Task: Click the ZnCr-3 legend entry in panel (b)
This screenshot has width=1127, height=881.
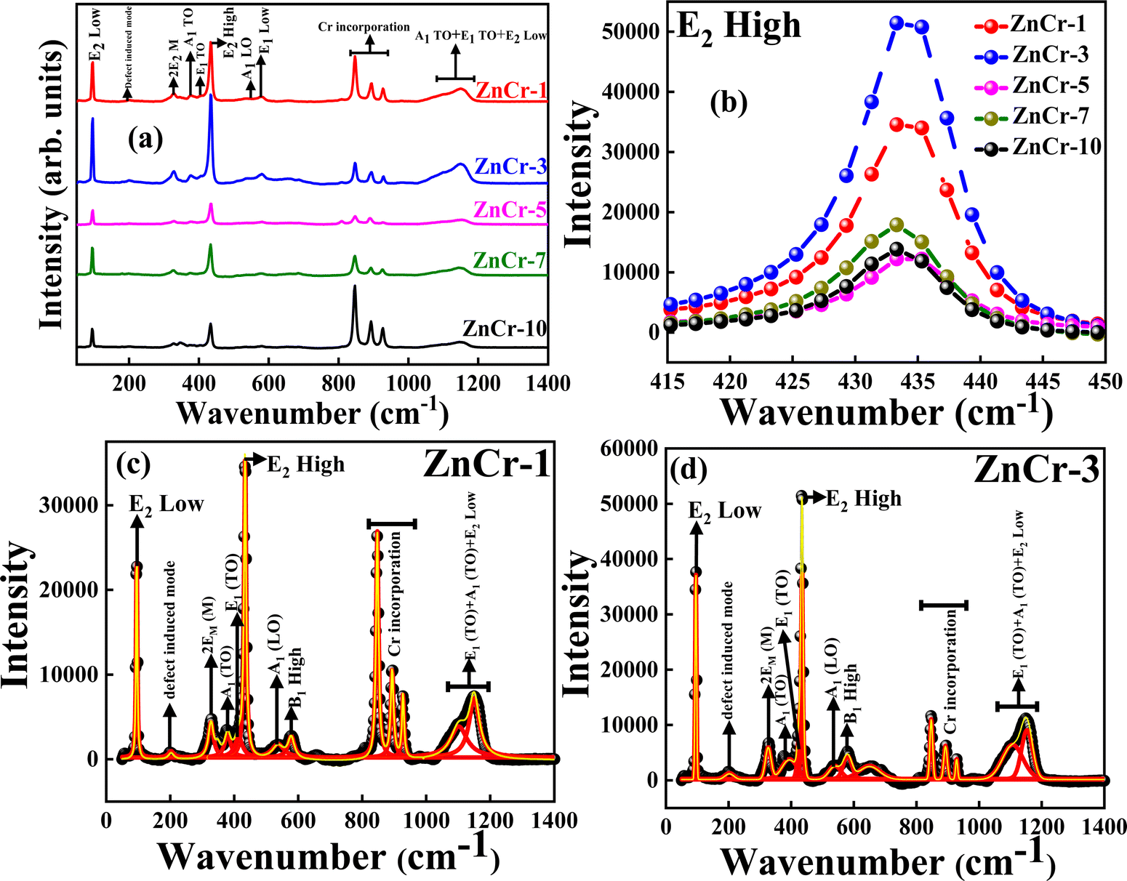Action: (x=1049, y=55)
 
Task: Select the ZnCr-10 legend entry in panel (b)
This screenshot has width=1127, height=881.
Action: (x=1055, y=146)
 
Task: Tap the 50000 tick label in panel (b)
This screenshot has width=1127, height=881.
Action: (x=632, y=32)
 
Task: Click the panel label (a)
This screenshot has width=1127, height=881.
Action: (x=145, y=137)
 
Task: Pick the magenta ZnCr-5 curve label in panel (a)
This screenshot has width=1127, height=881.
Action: (x=509, y=210)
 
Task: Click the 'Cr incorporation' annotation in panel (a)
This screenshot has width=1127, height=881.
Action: (x=364, y=27)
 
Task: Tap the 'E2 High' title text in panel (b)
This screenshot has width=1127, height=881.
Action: (x=737, y=26)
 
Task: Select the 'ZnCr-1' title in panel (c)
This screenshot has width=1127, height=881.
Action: (x=486, y=465)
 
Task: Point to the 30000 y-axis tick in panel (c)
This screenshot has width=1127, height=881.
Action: (x=76, y=505)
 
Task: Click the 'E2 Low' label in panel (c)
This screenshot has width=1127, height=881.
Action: (x=167, y=504)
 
